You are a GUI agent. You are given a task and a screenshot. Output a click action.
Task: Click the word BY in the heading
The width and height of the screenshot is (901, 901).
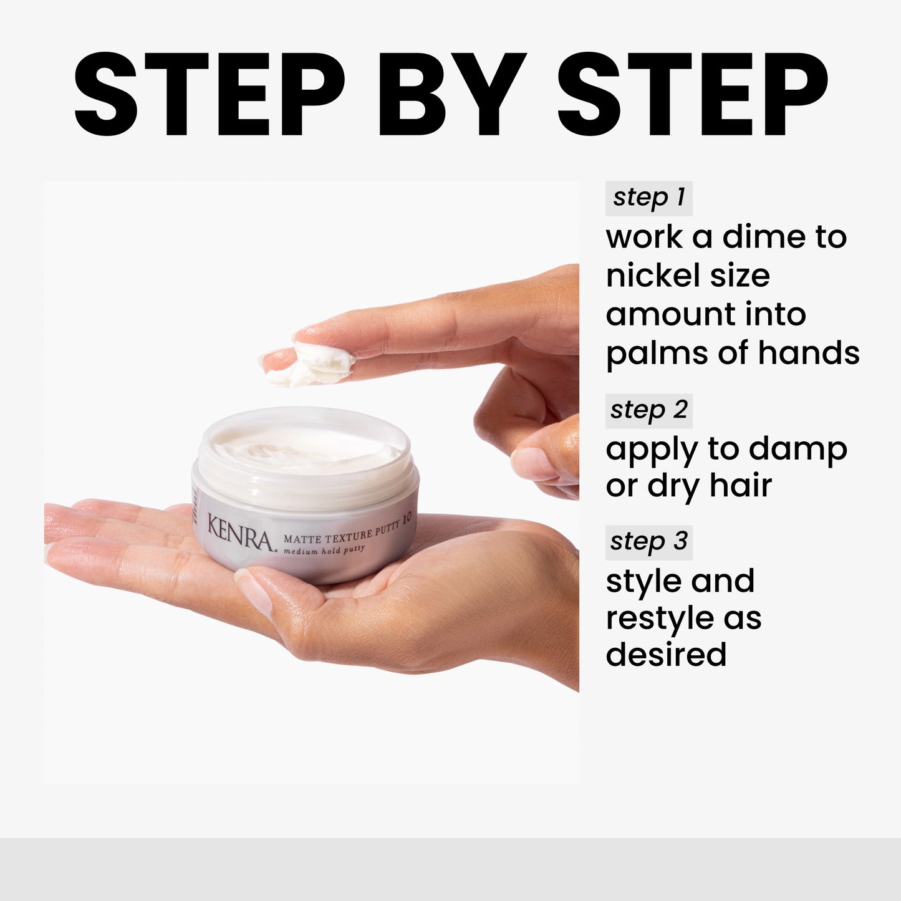click(x=452, y=95)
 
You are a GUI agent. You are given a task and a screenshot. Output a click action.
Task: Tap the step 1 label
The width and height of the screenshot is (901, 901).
click(x=648, y=198)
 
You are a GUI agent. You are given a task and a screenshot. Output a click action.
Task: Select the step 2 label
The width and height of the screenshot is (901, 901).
click(x=648, y=410)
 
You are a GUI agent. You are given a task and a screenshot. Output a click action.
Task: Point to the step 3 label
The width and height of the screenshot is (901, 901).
click(x=648, y=541)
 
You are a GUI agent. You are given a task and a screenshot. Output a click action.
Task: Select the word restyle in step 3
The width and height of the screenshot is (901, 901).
click(x=659, y=619)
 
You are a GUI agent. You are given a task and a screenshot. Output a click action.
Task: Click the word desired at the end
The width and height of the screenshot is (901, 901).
click(x=666, y=655)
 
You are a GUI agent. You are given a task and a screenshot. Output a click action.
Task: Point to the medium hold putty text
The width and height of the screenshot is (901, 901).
click(x=324, y=551)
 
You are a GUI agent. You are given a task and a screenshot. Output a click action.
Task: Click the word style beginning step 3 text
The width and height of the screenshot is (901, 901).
click(x=642, y=581)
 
